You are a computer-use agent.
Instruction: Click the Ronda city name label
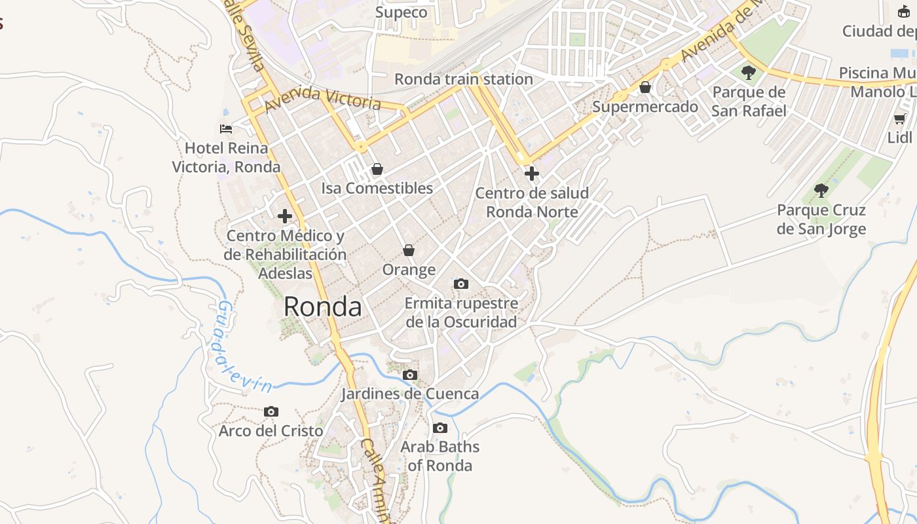tap(322, 307)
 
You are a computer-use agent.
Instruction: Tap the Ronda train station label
tap(463, 79)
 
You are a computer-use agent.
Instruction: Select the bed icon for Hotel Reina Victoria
tap(226, 129)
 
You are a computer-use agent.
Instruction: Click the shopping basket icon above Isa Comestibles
tap(377, 169)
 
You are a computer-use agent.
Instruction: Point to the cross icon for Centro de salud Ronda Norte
tap(531, 174)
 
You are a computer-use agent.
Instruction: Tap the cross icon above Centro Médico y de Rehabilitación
tap(285, 215)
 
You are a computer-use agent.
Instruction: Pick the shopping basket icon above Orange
tap(409, 250)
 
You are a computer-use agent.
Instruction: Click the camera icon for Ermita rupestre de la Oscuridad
tap(461, 284)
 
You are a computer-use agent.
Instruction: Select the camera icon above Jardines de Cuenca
tap(410, 375)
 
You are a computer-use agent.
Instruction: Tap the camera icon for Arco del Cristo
tap(271, 411)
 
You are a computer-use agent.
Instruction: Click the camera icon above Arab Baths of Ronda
tap(440, 428)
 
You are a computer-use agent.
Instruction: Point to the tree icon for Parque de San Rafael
tap(749, 73)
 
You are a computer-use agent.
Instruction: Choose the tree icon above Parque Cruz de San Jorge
tap(821, 191)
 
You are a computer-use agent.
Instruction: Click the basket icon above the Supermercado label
tap(645, 87)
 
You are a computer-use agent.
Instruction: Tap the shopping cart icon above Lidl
tap(900, 119)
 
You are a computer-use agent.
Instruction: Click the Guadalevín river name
tap(243, 346)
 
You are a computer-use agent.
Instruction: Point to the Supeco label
tap(401, 12)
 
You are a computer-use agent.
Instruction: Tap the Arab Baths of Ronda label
tap(440, 456)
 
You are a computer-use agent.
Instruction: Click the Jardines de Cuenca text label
tap(410, 394)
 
